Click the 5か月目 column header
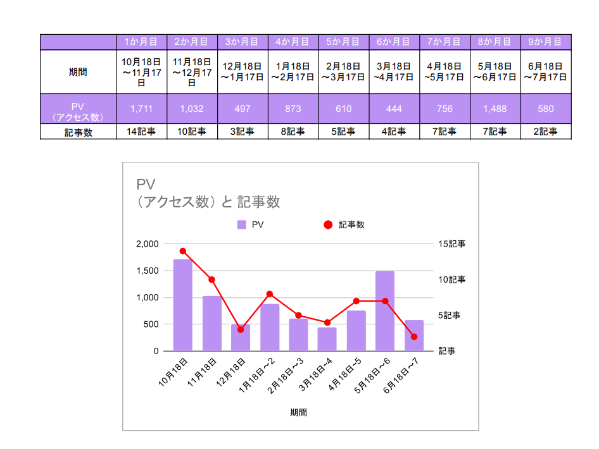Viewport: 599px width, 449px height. pyautogui.click(x=343, y=42)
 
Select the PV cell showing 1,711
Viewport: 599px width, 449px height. pyautogui.click(x=141, y=109)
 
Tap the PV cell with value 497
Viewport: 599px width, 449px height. pyautogui.click(x=242, y=109)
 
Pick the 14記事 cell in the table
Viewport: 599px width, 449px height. pyautogui.click(x=141, y=132)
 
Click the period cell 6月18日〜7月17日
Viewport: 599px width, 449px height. pyautogui.click(x=545, y=71)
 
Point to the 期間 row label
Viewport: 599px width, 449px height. pyautogui.click(x=78, y=71)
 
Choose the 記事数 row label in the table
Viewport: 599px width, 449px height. pyautogui.click(x=78, y=132)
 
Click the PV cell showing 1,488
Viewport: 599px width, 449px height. pyautogui.click(x=495, y=109)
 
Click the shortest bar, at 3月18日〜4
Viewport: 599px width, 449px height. pyautogui.click(x=327, y=339)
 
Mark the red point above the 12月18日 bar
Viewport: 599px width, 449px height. pyautogui.click(x=241, y=329)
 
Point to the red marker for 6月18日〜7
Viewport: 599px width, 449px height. pyautogui.click(x=414, y=336)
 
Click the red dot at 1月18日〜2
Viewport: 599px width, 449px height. pyautogui.click(x=270, y=294)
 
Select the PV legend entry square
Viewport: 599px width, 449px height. pyautogui.click(x=242, y=225)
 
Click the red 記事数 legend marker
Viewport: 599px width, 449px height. pyautogui.click(x=328, y=225)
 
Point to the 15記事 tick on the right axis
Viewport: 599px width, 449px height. pyautogui.click(x=451, y=243)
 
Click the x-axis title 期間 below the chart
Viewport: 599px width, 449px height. pyautogui.click(x=298, y=412)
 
